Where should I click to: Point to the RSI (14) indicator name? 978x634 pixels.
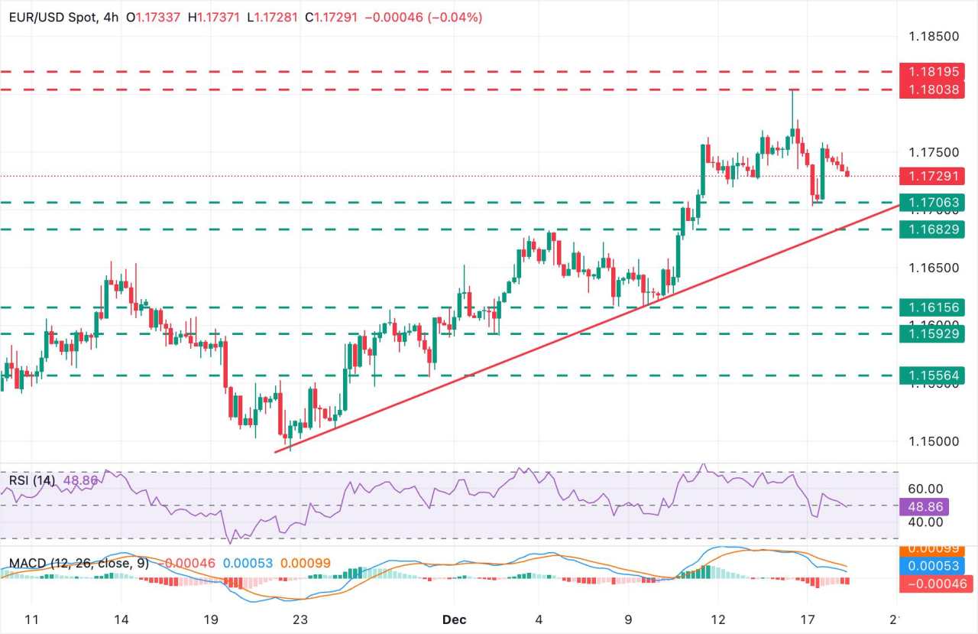click(x=30, y=480)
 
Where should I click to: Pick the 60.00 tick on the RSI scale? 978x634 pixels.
click(x=925, y=489)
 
